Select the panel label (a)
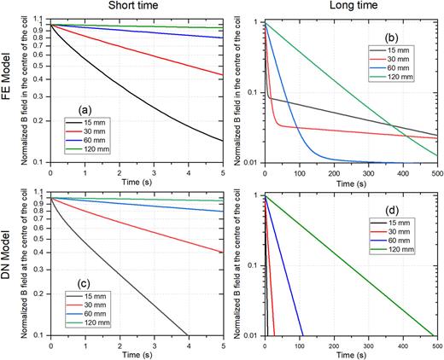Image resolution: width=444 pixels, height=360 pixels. coord(86,108)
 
